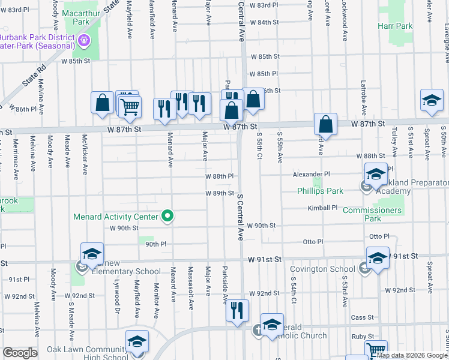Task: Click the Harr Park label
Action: (395, 26)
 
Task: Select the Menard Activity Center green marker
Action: (169, 217)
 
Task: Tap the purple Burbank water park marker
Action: (84, 41)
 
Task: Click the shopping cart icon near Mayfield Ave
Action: (130, 107)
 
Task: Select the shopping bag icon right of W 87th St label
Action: (325, 125)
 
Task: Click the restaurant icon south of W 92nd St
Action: (237, 311)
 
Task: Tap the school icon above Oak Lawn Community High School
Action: (137, 341)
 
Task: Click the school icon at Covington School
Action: (377, 259)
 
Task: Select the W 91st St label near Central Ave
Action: (265, 259)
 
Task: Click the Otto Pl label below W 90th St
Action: (313, 241)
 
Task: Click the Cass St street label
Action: (362, 317)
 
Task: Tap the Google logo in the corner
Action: (20, 353)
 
